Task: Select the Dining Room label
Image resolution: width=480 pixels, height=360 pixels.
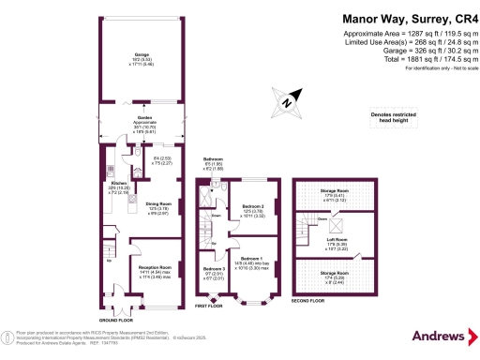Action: point(157,206)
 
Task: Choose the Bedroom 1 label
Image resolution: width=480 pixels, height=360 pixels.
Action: point(251,260)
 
